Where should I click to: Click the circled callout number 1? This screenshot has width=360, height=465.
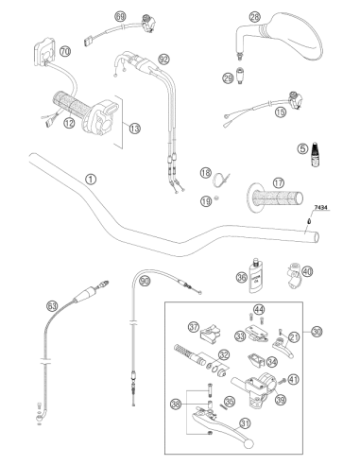click(91, 180)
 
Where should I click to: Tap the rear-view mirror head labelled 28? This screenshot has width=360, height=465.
click(293, 35)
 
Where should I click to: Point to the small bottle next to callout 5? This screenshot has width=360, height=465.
click(315, 154)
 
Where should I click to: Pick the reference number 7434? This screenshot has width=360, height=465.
click(320, 208)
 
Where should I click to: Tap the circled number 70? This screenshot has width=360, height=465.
click(65, 51)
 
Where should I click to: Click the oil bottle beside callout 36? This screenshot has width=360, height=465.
click(257, 276)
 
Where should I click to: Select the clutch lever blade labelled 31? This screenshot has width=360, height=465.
click(225, 428)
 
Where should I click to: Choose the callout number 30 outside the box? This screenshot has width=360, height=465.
click(317, 332)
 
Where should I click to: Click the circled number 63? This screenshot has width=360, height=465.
click(52, 306)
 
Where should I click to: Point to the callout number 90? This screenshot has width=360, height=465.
click(145, 281)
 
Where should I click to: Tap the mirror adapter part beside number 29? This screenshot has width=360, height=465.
click(240, 76)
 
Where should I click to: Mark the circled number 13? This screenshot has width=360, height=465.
click(134, 129)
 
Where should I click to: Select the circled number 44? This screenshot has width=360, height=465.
click(259, 310)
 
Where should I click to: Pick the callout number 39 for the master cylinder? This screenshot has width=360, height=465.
click(280, 400)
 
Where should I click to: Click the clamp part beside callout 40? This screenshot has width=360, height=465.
click(294, 275)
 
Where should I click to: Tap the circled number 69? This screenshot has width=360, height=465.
click(120, 16)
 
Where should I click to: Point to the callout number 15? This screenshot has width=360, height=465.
click(280, 112)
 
